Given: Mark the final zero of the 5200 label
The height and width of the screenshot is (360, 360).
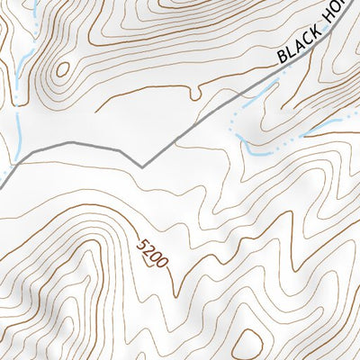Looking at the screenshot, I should click(x=162, y=264).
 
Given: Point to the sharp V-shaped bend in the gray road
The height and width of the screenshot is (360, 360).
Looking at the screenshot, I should click(x=142, y=166).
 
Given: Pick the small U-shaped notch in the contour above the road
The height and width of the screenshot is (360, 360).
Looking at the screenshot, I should click(x=194, y=92).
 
